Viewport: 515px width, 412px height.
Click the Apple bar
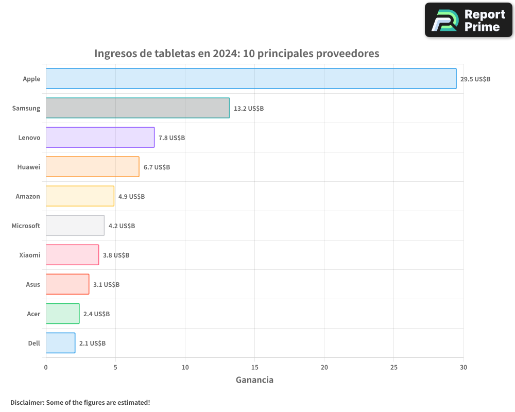251,79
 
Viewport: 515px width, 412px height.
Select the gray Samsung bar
138,108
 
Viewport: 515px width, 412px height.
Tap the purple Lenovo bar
100,138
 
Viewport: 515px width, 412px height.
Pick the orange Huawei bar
92,167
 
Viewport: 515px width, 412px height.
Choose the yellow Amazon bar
80,196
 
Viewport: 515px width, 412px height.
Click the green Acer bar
62,314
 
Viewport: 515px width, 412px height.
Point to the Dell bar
60,343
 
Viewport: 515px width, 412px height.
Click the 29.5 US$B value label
475,79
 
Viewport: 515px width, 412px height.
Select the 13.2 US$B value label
249,109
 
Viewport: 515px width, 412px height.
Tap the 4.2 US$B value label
122,226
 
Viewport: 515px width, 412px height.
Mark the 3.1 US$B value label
106,285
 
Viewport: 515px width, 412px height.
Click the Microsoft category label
26,226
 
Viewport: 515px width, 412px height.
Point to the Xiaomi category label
29,255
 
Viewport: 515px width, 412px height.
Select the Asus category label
33,284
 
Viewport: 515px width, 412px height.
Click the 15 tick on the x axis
254,367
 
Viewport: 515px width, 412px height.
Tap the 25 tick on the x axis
393,367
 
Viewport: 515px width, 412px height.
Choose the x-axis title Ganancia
254,380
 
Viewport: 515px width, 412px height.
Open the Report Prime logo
468,20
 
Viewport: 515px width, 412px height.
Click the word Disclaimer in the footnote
26,402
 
